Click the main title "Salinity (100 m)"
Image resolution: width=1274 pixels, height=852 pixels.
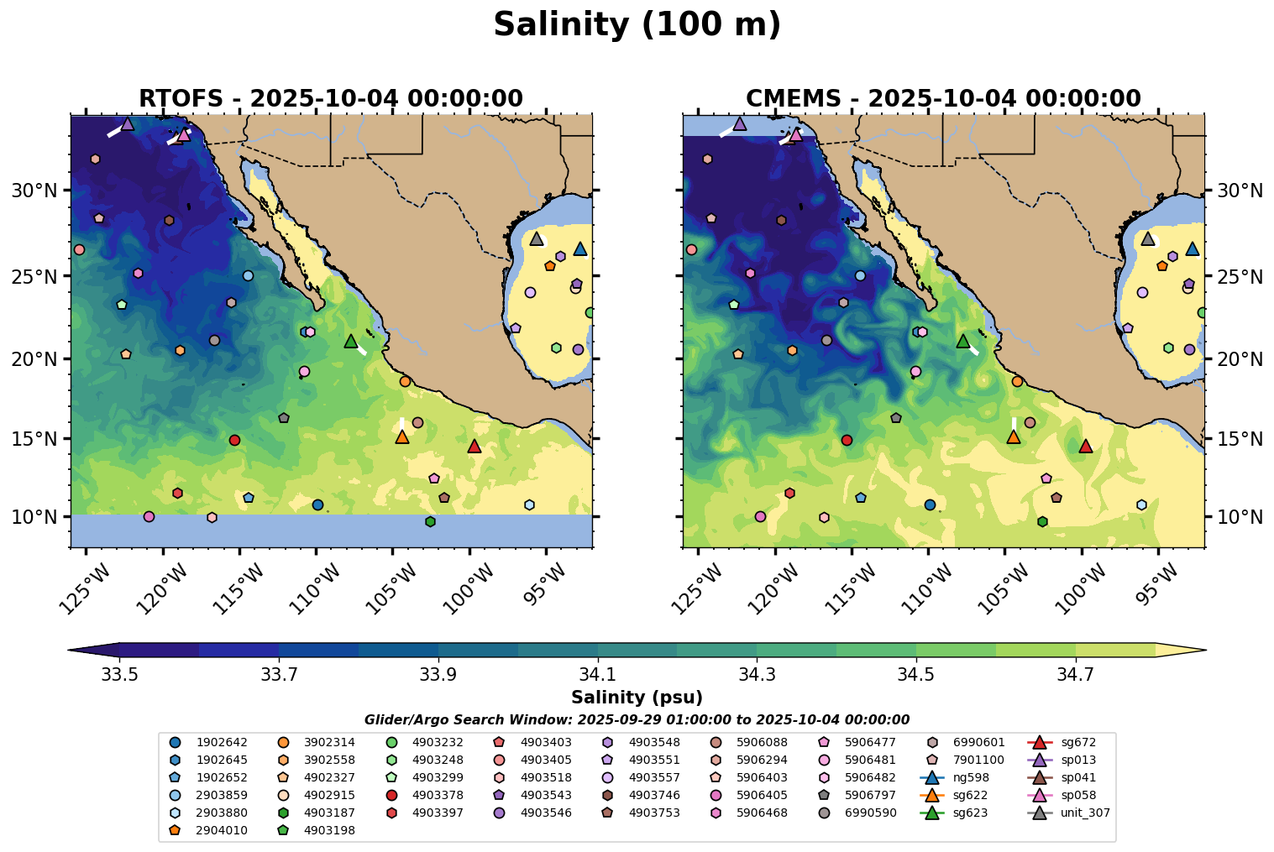pos(637,25)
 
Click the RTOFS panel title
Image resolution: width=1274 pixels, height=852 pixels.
pos(330,99)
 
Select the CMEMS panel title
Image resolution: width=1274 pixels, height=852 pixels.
pos(942,99)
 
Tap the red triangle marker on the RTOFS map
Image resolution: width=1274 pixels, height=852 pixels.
pos(474,446)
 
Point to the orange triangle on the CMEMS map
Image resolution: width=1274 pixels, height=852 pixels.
pos(1014,436)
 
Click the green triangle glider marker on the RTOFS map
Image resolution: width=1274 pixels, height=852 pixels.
pos(351,341)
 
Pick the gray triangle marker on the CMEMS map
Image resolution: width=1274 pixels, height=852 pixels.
pos(1148,238)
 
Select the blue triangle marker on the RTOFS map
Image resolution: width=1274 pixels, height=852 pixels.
pos(579,249)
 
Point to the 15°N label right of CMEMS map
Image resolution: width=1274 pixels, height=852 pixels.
pos(1240,439)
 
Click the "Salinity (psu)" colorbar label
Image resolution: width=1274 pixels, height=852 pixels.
pos(637,698)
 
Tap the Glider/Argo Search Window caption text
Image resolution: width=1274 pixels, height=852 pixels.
pos(637,719)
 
